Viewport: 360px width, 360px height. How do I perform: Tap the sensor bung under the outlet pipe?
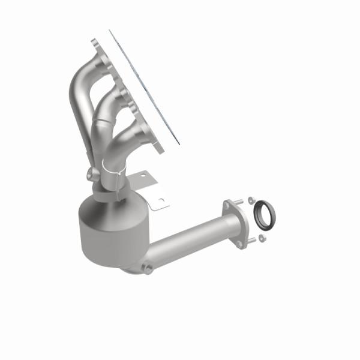tap(146, 269)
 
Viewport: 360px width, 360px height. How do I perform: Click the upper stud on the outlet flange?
tap(241, 202)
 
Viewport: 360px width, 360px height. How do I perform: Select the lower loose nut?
tap(263, 239)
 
